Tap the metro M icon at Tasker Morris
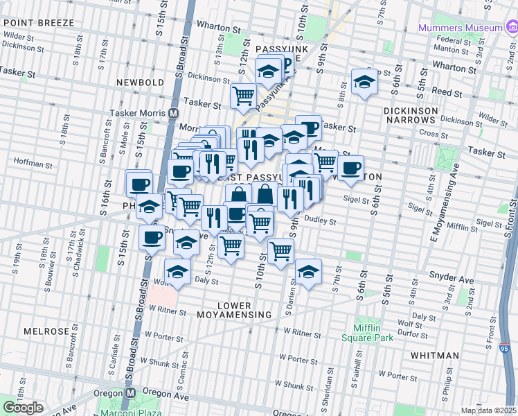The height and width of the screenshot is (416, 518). pos(173,113)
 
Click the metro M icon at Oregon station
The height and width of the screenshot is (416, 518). pos(129,392)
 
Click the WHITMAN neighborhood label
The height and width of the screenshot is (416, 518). pos(434,356)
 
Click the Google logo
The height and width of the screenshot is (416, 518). pos(23,408)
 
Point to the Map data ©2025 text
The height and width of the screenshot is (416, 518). pos(488,410)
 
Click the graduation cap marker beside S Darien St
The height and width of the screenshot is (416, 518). pos(308,272)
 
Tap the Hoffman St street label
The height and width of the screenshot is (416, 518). pos(29,166)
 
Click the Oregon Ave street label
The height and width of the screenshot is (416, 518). pos(166,393)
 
